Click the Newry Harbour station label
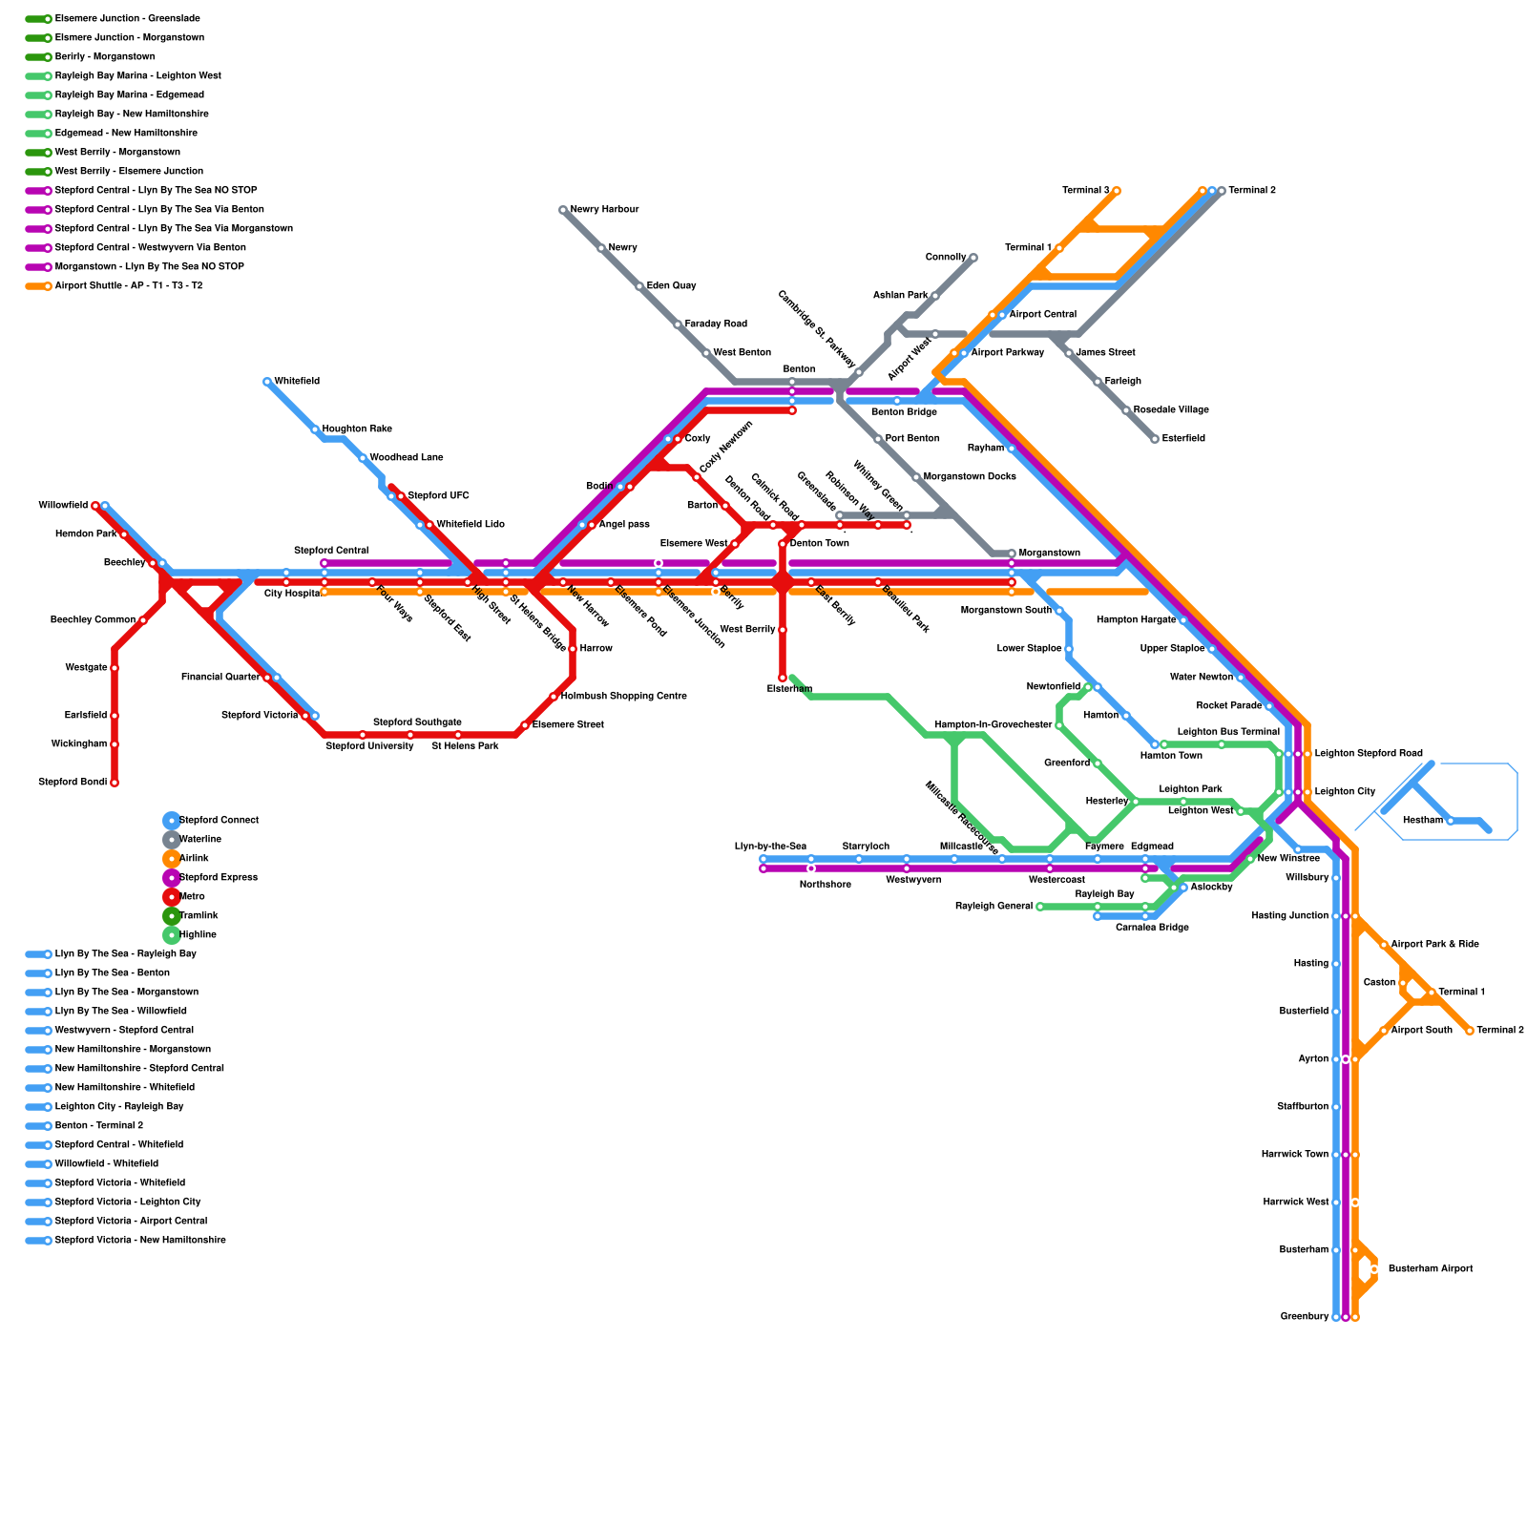[x=604, y=210]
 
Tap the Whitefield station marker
[x=267, y=382]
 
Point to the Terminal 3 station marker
[x=1116, y=191]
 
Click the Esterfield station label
[x=1183, y=439]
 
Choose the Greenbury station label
[x=1305, y=1317]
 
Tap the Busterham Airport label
[x=1430, y=1269]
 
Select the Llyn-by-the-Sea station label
[x=770, y=847]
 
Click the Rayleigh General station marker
[x=1040, y=907]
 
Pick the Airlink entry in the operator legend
[x=194, y=859]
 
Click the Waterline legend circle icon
[x=172, y=840]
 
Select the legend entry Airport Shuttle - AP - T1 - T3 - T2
[x=129, y=286]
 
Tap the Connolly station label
[x=946, y=258]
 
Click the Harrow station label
[x=596, y=649]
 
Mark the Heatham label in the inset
[x=1422, y=821]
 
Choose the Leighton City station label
[x=1345, y=792]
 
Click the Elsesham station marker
[x=783, y=678]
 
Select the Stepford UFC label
[x=438, y=496]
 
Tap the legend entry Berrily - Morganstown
[x=105, y=57]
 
